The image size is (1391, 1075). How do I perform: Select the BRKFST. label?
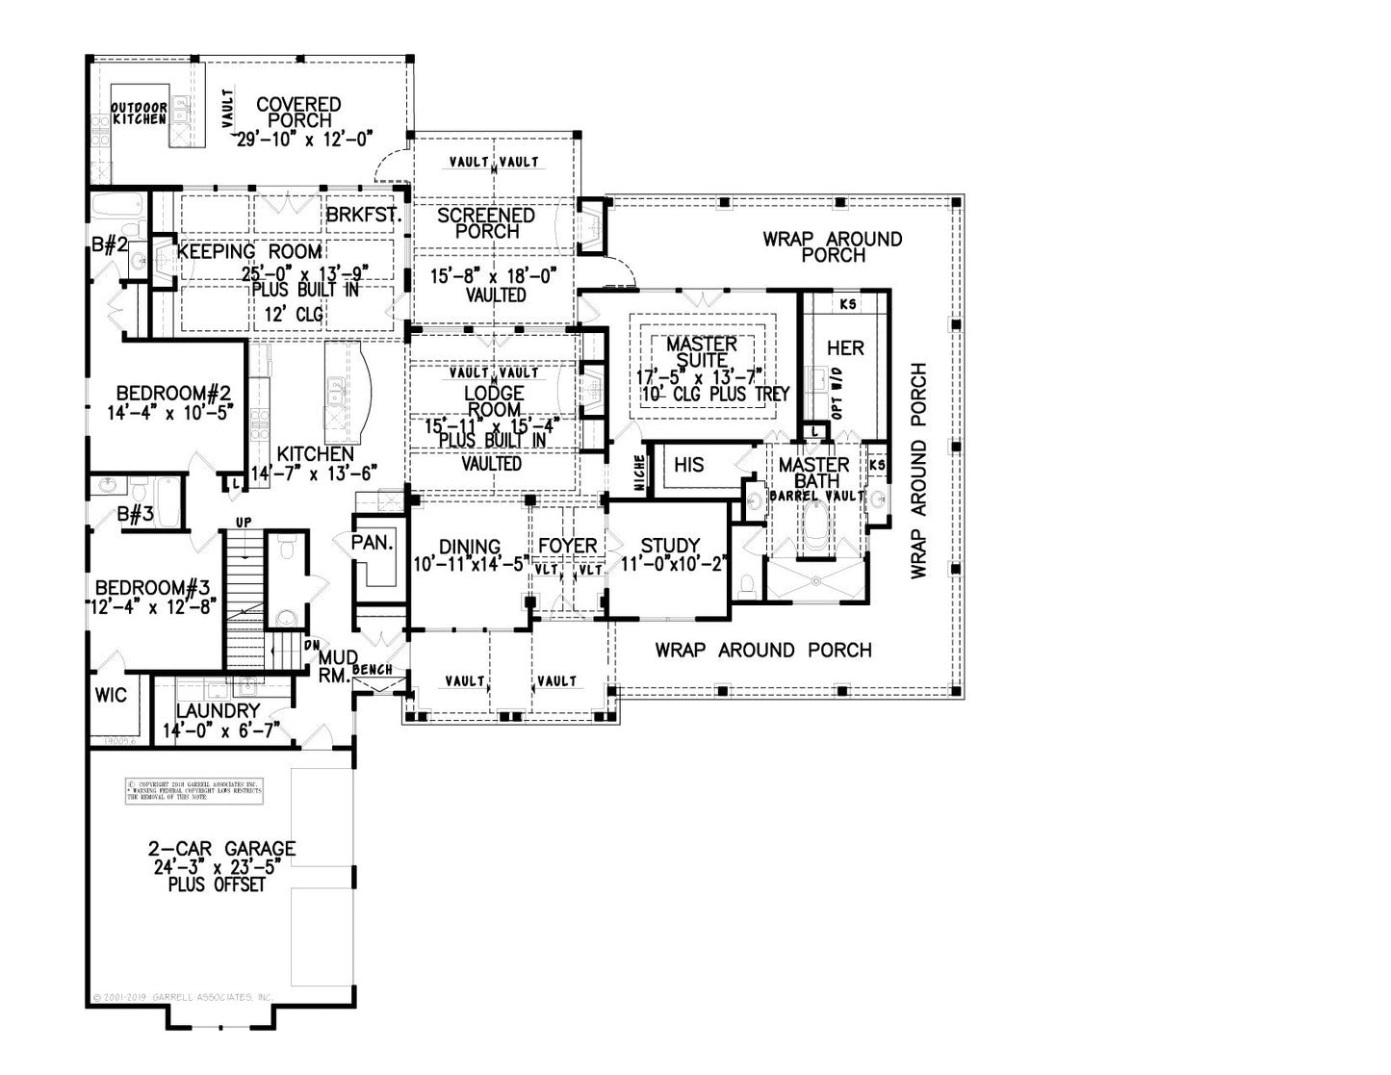[363, 215]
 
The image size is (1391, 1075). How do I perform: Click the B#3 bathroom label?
[136, 514]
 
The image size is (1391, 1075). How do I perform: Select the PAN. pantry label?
[372, 542]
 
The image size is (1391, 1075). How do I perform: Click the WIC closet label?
[112, 695]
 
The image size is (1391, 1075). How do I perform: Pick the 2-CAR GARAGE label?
[221, 849]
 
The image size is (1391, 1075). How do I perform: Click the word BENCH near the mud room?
[372, 669]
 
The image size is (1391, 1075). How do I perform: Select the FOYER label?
[568, 546]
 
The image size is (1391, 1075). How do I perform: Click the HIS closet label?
[689, 465]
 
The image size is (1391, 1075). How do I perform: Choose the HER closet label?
[845, 347]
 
